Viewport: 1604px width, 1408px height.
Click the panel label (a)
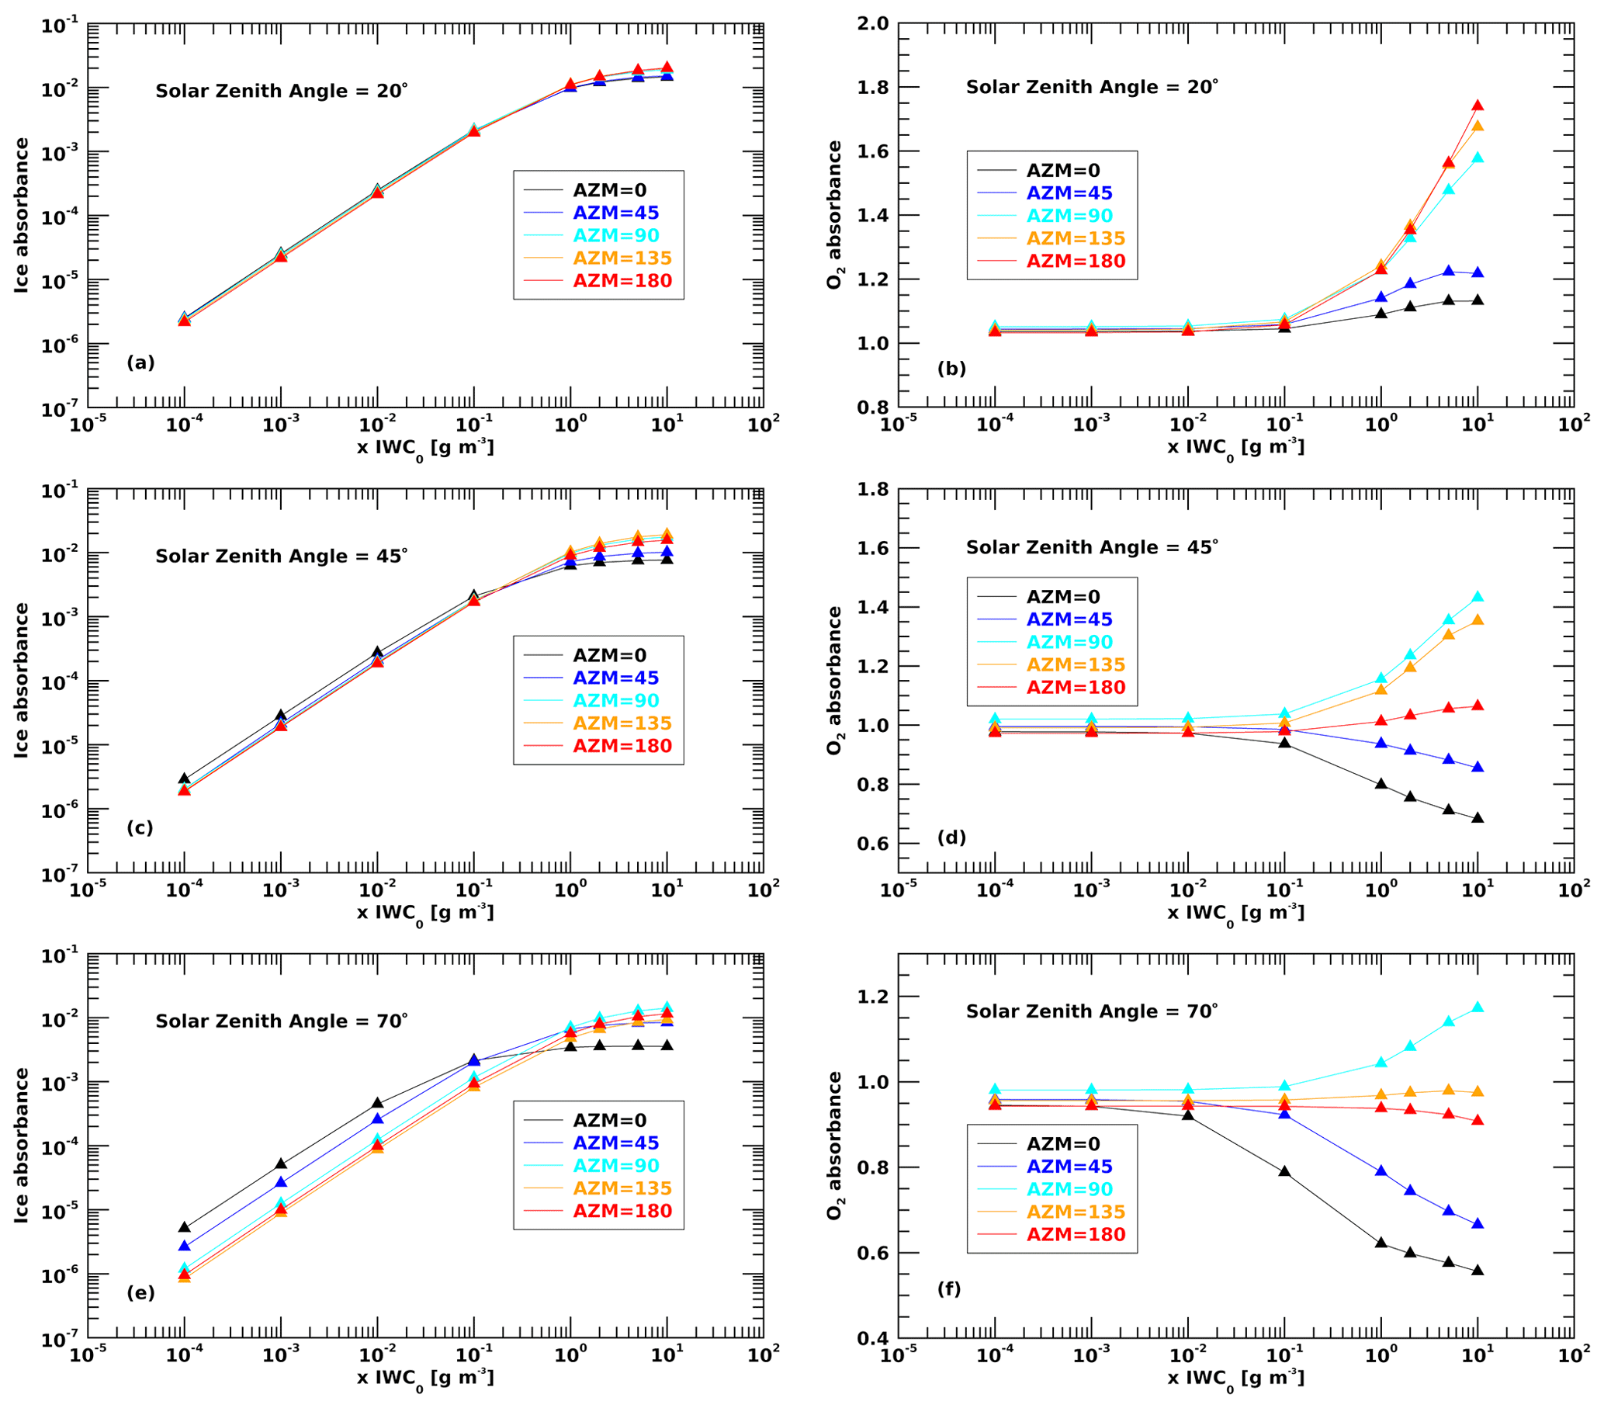tap(140, 362)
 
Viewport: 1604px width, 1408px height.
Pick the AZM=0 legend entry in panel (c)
tap(609, 655)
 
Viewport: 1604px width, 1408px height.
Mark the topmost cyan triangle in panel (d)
tap(1478, 597)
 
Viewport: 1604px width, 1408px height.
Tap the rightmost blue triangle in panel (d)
tap(1478, 768)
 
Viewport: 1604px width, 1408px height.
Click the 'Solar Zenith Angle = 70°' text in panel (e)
tap(281, 1022)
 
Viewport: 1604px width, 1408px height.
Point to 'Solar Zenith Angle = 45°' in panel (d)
tap(1092, 548)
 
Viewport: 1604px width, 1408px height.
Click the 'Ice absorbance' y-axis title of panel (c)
tap(21, 681)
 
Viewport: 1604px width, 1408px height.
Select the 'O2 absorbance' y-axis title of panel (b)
tap(834, 215)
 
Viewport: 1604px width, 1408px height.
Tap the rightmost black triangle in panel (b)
tap(1478, 300)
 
